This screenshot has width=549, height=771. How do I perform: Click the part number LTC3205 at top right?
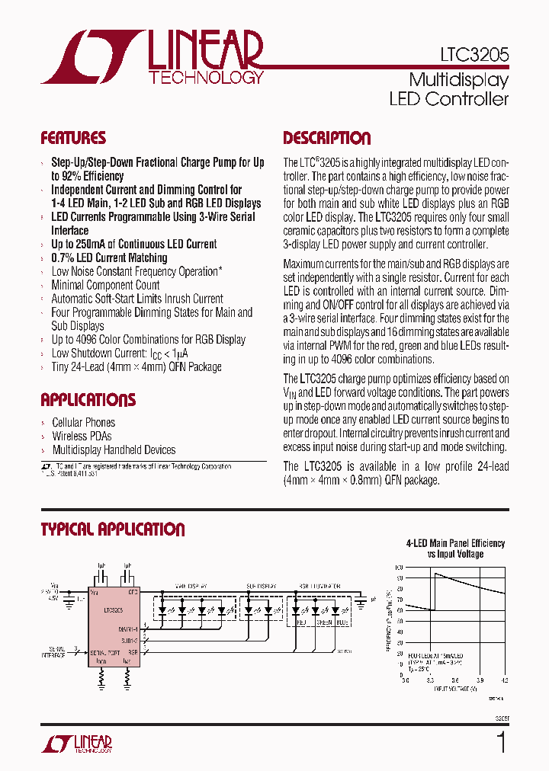474,56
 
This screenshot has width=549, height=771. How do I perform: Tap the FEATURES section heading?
73,139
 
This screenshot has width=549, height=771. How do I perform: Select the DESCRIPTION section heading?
327,139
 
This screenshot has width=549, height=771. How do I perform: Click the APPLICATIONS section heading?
88,400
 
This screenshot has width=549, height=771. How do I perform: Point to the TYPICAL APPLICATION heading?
112,529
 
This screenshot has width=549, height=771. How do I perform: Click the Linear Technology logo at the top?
153,57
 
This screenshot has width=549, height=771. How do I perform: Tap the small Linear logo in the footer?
76,744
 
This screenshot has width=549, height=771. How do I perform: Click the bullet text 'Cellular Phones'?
83,422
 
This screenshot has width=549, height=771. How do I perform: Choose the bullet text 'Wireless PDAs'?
82,436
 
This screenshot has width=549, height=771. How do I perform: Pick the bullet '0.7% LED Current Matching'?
109,258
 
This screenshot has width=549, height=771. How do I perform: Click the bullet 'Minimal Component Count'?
105,285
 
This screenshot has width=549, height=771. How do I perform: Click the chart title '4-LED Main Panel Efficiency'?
455,543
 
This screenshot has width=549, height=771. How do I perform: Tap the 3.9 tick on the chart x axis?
479,680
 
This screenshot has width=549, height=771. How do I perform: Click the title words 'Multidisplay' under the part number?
458,79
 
